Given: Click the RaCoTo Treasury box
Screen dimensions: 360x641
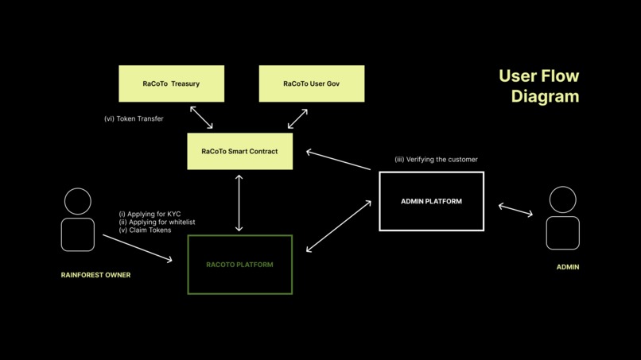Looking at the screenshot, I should coord(171,83).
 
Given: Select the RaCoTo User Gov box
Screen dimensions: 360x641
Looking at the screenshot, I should coord(311,83).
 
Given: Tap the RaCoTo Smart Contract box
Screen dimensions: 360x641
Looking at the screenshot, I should coord(239,151).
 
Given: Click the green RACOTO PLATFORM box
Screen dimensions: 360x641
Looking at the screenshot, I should coord(239,265).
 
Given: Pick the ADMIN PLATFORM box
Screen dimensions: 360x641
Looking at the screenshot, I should coord(431,201).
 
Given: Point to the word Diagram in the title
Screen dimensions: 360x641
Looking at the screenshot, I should coord(545,96).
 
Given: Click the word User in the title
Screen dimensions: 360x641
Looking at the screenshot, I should coord(517,76).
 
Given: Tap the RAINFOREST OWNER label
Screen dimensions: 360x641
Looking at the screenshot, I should coord(95,275).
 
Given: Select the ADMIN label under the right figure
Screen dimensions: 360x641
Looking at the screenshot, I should coord(568,267).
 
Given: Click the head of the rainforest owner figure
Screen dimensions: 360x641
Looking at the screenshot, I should coord(78,201).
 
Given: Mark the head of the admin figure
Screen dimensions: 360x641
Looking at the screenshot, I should coord(563,199).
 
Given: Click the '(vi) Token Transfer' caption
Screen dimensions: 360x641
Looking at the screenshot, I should coord(134,119).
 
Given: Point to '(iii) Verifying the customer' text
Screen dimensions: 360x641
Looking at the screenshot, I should coord(436,160).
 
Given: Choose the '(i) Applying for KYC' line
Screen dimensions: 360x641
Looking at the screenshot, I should coord(150,214).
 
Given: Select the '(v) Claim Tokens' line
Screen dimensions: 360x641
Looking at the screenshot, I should coord(145,230).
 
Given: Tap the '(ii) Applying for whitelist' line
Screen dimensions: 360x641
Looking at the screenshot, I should coord(157,223).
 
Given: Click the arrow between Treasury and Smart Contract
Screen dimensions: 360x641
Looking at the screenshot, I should coord(201,118).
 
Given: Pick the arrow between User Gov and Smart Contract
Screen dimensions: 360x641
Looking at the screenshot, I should coord(297,118).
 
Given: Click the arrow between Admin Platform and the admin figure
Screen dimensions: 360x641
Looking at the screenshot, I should coord(515,210).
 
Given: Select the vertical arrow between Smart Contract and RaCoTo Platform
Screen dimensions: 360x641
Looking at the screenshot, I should coord(239,203).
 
